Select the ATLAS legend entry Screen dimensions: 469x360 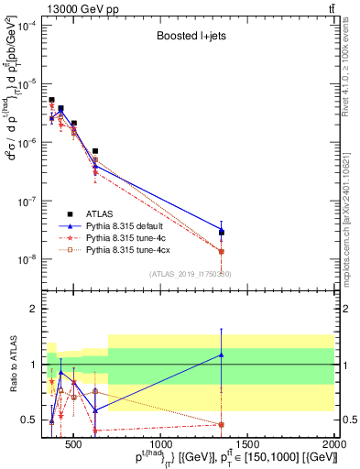110,211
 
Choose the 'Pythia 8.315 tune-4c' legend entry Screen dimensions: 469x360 126,236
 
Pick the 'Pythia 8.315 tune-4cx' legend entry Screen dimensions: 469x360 129,249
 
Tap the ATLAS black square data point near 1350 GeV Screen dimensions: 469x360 222,233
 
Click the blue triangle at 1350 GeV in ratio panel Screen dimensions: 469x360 222,354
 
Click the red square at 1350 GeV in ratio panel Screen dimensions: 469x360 222,424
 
